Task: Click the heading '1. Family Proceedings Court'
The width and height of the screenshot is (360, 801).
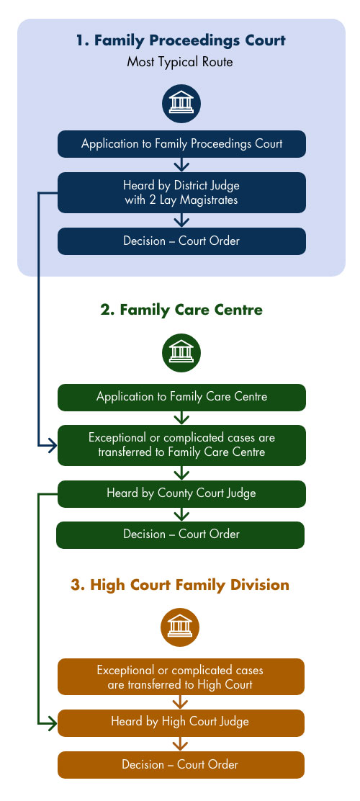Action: (x=181, y=40)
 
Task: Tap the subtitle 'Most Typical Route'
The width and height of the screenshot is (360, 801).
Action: (x=180, y=63)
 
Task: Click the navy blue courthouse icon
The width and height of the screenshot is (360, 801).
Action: (x=181, y=104)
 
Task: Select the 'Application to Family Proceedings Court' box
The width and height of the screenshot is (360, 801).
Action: (x=181, y=143)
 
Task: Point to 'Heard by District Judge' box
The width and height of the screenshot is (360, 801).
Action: (x=181, y=192)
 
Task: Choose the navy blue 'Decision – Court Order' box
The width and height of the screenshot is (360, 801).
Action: (x=181, y=241)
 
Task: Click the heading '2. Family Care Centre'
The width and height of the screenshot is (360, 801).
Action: (x=181, y=310)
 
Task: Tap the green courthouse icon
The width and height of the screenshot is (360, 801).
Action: (x=181, y=353)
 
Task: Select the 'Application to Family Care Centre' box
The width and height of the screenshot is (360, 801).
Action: (x=181, y=397)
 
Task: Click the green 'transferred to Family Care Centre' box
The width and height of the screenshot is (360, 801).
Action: (x=181, y=445)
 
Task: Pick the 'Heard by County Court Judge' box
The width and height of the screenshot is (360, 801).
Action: (x=181, y=493)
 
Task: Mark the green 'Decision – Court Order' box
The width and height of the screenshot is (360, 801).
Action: (x=180, y=535)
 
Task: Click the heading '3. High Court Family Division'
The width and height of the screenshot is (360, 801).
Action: (x=180, y=584)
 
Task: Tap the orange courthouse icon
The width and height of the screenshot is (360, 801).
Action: (x=180, y=627)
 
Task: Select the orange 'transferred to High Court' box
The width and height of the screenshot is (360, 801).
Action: (x=181, y=677)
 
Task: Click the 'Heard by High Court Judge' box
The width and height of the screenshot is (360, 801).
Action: (x=181, y=722)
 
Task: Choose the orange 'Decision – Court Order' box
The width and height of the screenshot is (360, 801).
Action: (x=181, y=765)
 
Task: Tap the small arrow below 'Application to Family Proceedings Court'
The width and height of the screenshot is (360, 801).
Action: (x=181, y=164)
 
